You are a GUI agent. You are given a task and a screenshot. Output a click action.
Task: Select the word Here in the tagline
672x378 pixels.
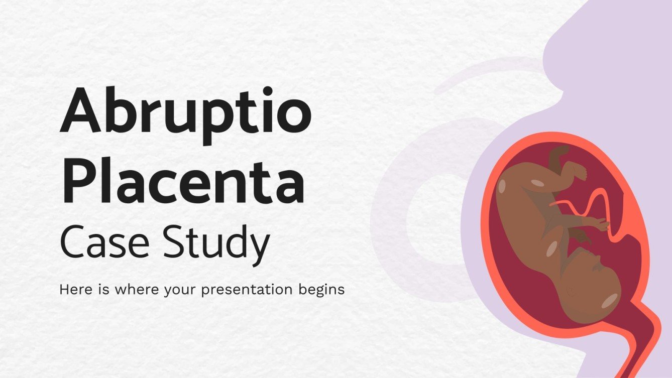pos(72,290)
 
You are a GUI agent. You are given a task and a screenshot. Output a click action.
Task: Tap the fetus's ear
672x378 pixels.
pos(572,291)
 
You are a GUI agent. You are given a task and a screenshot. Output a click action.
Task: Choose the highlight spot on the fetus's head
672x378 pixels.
pos(609,300)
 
